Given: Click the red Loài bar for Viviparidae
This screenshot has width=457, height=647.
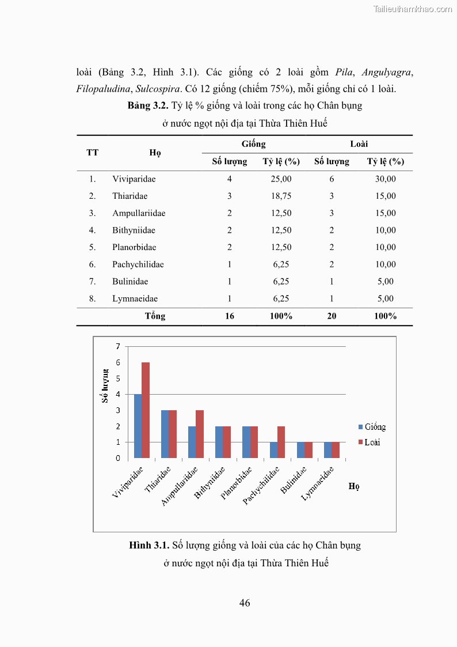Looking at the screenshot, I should tap(146, 410).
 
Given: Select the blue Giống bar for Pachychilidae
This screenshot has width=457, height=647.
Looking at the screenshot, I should tap(273, 450).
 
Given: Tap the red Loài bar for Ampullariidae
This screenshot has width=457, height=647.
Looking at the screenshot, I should tap(200, 434).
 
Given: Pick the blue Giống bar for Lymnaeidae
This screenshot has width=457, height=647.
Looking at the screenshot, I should tap(327, 450).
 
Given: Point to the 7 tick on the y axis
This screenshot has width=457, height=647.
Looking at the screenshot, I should tap(118, 346).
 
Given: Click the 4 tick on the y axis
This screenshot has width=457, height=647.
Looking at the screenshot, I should tap(118, 395).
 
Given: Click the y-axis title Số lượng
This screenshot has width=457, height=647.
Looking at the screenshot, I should tap(105, 385).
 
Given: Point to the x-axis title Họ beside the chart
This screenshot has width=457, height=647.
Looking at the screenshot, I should tap(353, 486).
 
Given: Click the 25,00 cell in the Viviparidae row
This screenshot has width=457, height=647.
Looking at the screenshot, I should tap(281, 179).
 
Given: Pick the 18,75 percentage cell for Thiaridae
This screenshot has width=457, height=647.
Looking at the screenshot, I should tap(281, 196).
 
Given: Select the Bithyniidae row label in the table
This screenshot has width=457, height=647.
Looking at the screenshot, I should tap(134, 230).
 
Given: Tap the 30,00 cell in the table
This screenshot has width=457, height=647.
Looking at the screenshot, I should tap(385, 179).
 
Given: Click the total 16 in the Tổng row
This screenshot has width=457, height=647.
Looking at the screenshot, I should tap(229, 316).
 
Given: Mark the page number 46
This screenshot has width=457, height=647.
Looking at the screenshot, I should tap(245, 603).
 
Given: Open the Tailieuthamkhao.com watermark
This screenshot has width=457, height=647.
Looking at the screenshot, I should tap(412, 9).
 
